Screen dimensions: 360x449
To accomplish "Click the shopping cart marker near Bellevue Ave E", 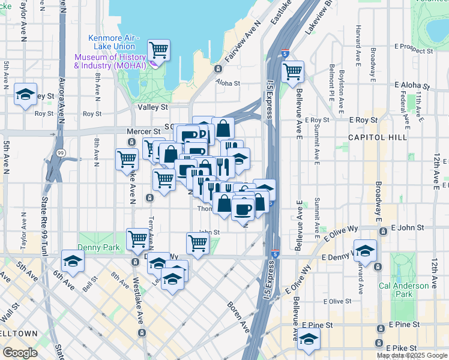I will click(292, 71).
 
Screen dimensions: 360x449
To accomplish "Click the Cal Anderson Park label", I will click(413, 290).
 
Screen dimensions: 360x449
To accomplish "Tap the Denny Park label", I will click(98, 247).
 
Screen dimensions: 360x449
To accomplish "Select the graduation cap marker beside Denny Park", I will click(73, 260).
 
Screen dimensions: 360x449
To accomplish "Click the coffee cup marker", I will click(243, 209).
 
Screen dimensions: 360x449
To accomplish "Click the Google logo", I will click(20, 353).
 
